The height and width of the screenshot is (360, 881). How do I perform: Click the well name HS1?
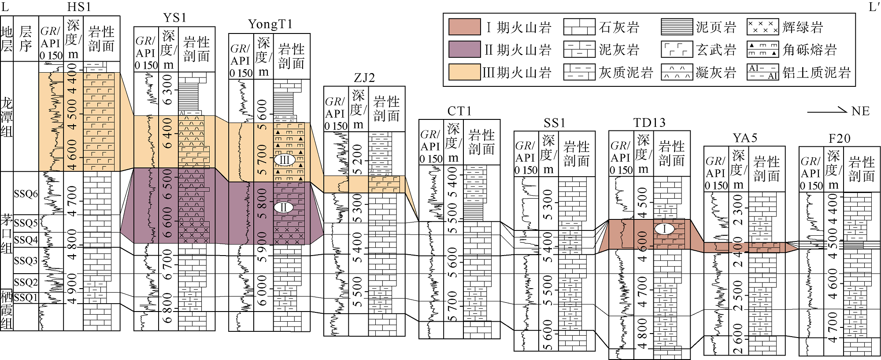tap(79, 7)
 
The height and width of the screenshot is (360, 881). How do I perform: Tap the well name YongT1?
tap(270, 24)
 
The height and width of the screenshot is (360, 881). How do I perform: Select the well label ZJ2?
tap(364, 78)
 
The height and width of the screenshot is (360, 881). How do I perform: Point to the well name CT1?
tap(459, 111)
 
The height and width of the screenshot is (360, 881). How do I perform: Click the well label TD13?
tap(649, 122)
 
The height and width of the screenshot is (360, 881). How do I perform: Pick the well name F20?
tap(840, 138)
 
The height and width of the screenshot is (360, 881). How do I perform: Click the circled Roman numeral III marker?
tap(284, 160)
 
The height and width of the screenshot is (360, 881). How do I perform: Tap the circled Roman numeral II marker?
tap(284, 207)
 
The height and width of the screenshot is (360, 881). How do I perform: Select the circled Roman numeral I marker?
tap(664, 229)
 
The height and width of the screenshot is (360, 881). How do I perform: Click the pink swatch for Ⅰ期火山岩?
tap(464, 27)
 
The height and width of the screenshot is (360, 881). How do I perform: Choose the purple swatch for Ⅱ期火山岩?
tap(464, 49)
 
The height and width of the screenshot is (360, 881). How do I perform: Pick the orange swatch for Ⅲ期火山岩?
tap(464, 72)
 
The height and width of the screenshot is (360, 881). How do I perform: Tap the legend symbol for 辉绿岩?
tap(763, 27)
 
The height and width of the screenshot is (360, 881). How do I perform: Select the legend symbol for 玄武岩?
tap(677, 49)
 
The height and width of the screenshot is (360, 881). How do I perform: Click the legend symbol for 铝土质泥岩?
tap(763, 72)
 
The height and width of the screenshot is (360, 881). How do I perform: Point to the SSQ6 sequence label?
tap(26, 194)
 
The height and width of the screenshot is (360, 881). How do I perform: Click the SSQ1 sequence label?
tap(26, 297)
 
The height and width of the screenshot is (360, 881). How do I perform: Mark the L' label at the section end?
tap(874, 7)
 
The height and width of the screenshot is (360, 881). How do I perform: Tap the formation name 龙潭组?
tap(7, 117)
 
